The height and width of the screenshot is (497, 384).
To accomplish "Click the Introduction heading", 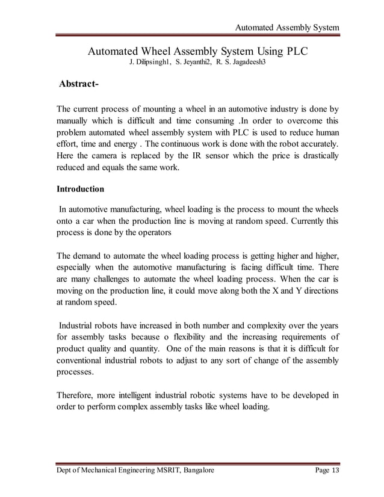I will [80, 189].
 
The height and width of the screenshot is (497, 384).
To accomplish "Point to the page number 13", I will [335, 471].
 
